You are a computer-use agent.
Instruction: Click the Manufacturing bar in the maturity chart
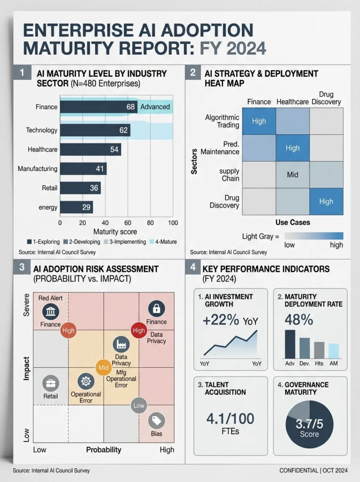[83, 169]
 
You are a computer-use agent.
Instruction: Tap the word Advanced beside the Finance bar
[155, 107]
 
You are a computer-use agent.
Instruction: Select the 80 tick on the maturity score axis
[150, 223]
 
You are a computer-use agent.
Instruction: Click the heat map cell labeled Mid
[292, 175]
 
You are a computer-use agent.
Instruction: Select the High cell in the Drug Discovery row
[326, 201]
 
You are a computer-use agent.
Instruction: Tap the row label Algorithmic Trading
[222, 121]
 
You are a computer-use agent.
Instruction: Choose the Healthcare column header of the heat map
[292, 102]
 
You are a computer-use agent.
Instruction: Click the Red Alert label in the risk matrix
[50, 298]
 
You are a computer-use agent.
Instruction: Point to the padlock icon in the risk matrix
[156, 309]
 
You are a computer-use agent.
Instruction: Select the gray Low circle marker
[138, 405]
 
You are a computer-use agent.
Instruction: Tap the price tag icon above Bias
[157, 420]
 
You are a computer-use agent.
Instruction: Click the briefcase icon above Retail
[50, 384]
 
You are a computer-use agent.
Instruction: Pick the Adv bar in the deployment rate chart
[290, 344]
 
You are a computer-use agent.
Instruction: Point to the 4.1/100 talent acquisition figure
[231, 418]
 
